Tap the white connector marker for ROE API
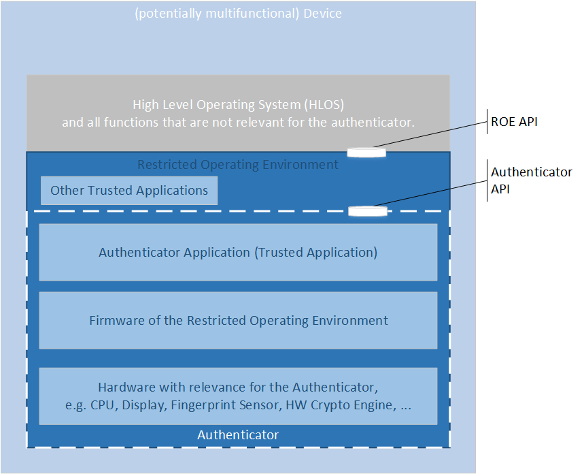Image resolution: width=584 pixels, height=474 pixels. point(366,151)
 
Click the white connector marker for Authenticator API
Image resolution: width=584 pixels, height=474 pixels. point(367,211)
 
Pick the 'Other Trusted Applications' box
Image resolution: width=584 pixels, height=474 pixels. point(129,191)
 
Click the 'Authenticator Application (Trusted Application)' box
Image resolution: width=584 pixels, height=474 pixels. point(238,252)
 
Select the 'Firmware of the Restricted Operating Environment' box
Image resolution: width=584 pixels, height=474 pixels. point(238,320)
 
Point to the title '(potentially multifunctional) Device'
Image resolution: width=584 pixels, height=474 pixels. point(238,14)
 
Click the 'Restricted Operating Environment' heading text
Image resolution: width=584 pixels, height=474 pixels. point(238,165)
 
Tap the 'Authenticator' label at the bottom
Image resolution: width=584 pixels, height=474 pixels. point(238,435)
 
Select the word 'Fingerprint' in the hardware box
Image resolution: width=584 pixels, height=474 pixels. point(205,405)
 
